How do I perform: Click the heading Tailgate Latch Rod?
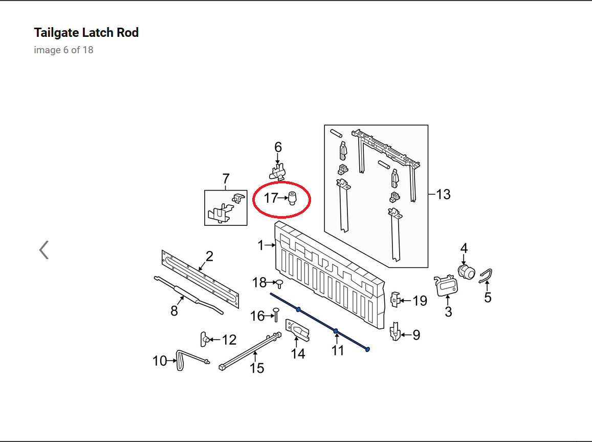pyautogui.click(x=86, y=33)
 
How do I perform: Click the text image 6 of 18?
pyautogui.click(x=63, y=50)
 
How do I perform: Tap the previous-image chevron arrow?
pyautogui.click(x=44, y=250)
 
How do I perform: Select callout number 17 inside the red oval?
pyautogui.click(x=270, y=198)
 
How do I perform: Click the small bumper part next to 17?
pyautogui.click(x=292, y=197)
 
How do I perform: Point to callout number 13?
pyautogui.click(x=443, y=195)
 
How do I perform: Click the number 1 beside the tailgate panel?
pyautogui.click(x=260, y=246)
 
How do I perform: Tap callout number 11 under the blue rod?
pyautogui.click(x=337, y=350)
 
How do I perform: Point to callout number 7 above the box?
pyautogui.click(x=226, y=179)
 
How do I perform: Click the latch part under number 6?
pyautogui.click(x=277, y=170)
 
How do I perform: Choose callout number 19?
pyautogui.click(x=420, y=301)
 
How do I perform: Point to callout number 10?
pyautogui.click(x=159, y=361)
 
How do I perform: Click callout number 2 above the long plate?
pyautogui.click(x=209, y=256)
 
